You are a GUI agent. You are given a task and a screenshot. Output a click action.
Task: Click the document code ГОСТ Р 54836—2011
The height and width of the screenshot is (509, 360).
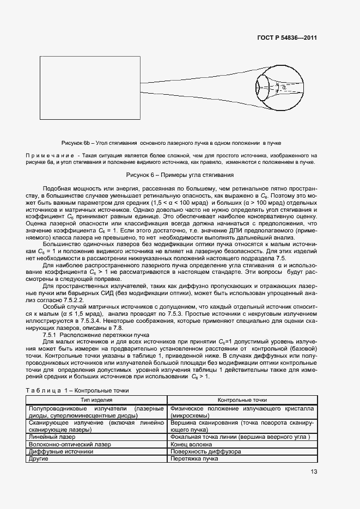pos(286,38)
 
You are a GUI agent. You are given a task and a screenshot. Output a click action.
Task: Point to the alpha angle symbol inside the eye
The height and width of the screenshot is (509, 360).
pos(284,87)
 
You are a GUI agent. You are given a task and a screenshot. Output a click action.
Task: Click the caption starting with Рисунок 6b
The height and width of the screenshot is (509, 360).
pos(171,143)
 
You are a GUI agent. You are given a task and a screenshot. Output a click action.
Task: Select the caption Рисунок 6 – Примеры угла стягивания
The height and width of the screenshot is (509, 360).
pos(180,175)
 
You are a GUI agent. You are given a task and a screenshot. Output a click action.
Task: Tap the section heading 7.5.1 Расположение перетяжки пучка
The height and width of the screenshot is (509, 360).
pos(92,336)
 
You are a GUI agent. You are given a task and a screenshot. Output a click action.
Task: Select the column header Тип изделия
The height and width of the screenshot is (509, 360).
pos(96,400)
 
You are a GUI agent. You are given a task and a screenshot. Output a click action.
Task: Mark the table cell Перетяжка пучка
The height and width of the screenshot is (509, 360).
pos(194,459)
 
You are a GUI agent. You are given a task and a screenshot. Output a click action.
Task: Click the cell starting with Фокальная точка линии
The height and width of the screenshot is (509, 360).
pos(240,437)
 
